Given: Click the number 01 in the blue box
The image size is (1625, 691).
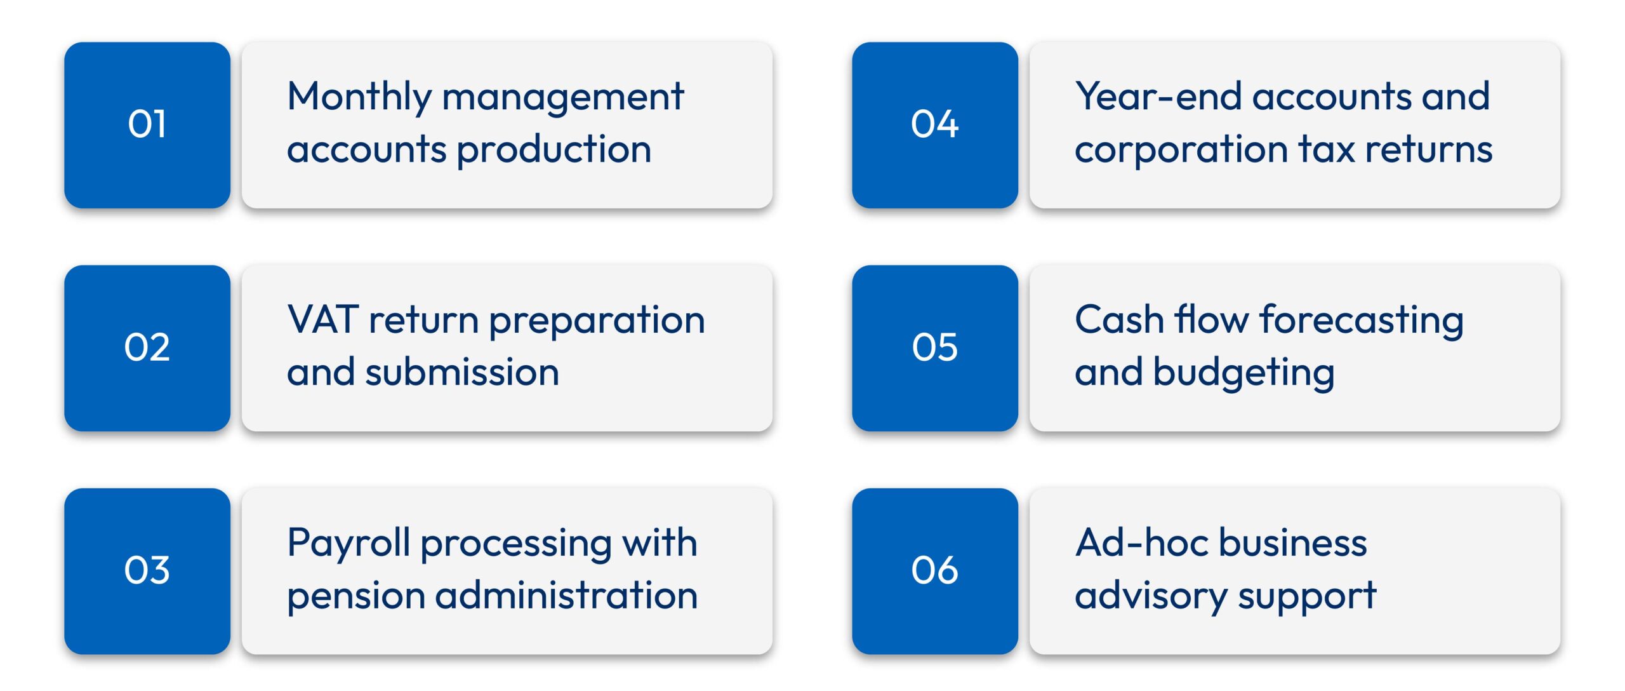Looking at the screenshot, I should coord(147,124).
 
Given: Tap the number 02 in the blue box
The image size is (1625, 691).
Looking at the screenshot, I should coord(147,347).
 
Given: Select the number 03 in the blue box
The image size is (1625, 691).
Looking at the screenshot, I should coord(147,570).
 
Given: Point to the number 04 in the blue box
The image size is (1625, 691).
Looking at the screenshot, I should coord(934,124).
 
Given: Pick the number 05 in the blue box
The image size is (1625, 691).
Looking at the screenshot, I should coord(934,347).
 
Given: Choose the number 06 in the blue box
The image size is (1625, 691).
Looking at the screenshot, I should coord(934,570).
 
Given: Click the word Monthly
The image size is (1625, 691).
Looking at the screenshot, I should coord(359,97).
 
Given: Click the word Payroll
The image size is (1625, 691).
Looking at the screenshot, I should coord(348,544).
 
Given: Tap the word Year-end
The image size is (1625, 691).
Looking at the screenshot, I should coord(1158,97).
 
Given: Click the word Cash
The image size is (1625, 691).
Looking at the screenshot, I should coord(1118,319).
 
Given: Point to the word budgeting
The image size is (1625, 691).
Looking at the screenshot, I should coord(1244,374).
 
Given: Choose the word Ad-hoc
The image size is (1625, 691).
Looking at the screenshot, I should coord(1141,543).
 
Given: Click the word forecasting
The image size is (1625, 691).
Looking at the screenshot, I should coord(1362,321).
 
